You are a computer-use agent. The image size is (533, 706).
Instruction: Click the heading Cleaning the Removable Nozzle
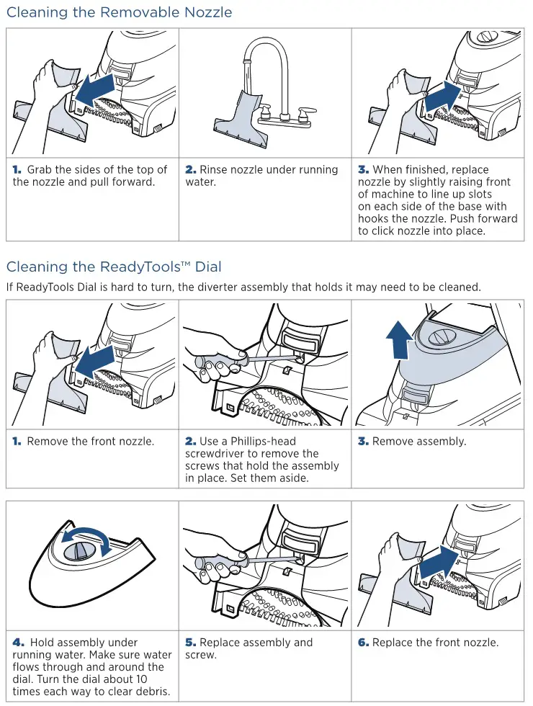[x=119, y=12]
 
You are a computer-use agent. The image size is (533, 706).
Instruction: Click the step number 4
[x=19, y=643]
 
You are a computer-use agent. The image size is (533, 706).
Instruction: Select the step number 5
[x=191, y=643]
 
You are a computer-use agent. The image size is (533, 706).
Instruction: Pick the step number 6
[x=364, y=643]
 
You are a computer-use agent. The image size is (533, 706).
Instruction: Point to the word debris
[x=152, y=691]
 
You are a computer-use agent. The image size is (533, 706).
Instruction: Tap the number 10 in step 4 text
[x=141, y=679]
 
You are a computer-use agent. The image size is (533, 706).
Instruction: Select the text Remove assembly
[x=419, y=441]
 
